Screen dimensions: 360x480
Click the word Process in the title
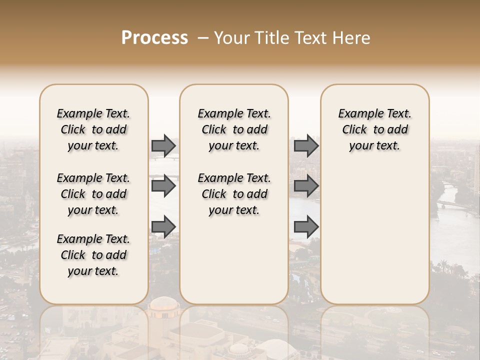154,38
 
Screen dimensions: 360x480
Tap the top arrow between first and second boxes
163,146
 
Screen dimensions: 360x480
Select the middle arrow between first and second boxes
163,186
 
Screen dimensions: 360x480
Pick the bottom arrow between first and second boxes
163,226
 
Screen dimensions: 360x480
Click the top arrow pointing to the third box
306,146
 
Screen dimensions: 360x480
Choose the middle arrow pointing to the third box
306,186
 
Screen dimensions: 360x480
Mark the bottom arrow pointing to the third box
306,226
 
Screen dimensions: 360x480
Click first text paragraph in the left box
93,129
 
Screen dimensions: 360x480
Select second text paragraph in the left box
93,194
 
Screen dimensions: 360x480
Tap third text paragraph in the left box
93,255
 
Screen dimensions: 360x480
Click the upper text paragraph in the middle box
234,129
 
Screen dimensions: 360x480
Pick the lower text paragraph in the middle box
234,194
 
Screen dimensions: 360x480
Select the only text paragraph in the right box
375,129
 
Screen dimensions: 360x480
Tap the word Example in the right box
356,113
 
